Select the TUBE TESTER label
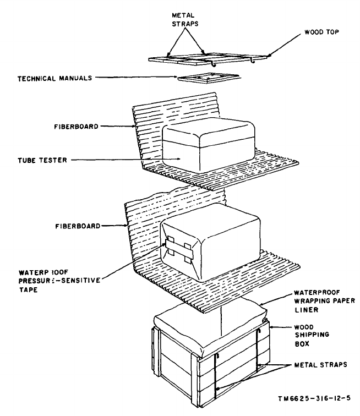42,160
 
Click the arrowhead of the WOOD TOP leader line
270,55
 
